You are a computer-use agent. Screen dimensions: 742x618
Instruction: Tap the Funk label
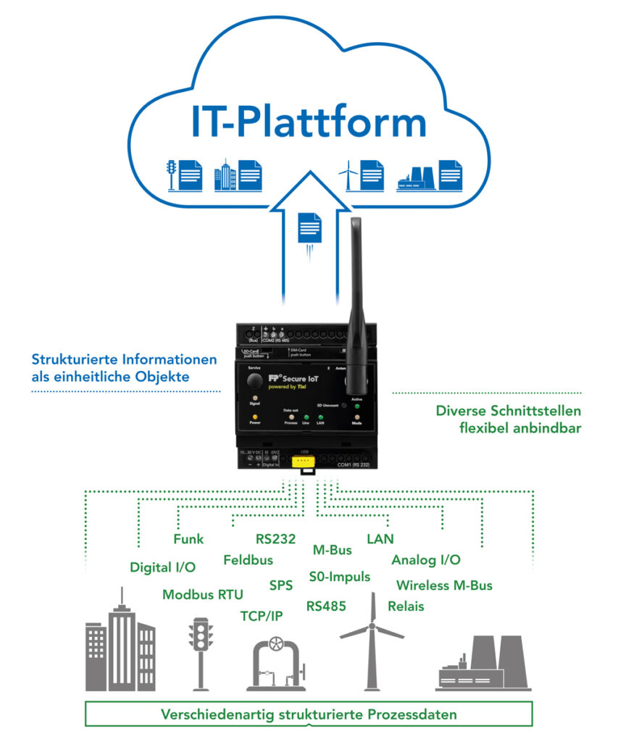[x=188, y=539]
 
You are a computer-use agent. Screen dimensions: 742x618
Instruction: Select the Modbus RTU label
[x=203, y=594]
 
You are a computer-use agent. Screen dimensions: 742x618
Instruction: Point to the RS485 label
[x=326, y=606]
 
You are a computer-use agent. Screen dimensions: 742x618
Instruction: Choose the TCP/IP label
[x=262, y=616]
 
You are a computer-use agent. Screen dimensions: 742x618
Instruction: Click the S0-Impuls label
[x=340, y=577]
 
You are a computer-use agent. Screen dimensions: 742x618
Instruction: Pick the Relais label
[x=406, y=606]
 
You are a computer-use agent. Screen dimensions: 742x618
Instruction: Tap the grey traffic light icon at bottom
[x=201, y=652]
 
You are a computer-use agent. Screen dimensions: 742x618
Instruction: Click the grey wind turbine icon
[x=372, y=641]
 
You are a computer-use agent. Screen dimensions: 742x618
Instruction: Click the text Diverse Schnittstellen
[x=508, y=411]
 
